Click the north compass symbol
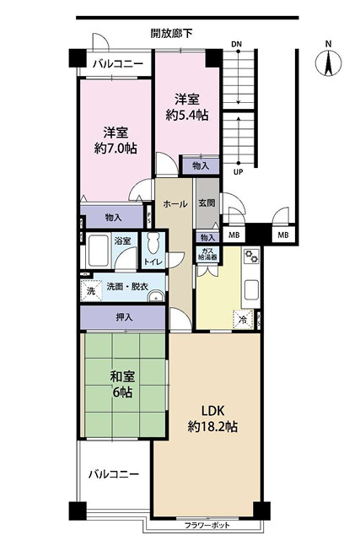[329, 60]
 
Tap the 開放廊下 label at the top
[171, 34]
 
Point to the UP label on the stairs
[238, 171]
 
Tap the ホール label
[175, 204]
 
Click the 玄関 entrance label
[207, 203]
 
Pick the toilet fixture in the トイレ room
[153, 246]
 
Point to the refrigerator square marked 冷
[243, 320]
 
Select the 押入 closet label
[123, 317]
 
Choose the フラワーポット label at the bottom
[209, 526]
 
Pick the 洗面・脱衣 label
[127, 287]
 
